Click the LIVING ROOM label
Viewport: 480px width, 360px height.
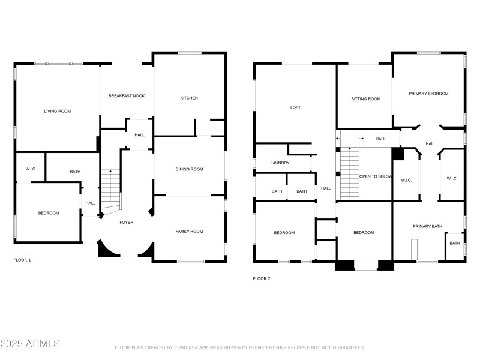58,111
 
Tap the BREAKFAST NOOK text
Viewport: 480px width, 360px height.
127,96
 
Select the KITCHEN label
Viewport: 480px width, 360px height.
189,98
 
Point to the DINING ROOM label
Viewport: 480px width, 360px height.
189,169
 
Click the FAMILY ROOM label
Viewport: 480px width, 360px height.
189,231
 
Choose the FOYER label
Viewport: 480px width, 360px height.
127,222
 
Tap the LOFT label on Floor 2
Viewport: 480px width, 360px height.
295,107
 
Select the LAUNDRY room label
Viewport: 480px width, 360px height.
280,163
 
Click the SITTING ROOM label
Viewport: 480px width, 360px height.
366,99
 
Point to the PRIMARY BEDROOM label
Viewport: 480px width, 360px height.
428,94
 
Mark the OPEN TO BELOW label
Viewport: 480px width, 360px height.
376,176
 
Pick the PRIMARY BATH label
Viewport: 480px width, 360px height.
427,226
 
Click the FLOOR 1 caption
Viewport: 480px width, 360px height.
22,260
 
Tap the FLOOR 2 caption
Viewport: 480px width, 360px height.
261,278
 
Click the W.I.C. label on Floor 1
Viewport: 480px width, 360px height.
31,169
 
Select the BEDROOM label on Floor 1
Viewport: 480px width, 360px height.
49,213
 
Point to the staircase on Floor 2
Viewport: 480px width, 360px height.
349,174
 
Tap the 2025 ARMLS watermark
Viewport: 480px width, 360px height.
30,344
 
